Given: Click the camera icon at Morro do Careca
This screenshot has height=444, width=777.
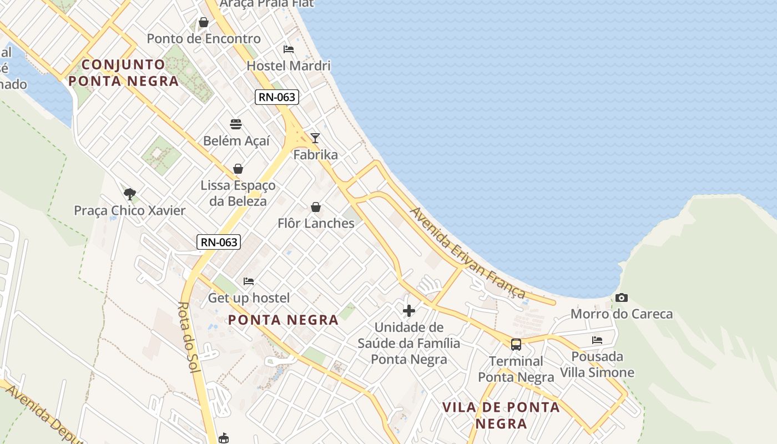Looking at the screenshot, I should click(x=622, y=298).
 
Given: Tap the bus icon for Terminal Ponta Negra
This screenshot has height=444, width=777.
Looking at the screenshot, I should click(x=516, y=345).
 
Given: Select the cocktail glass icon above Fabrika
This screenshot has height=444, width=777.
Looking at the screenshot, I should click(x=315, y=138).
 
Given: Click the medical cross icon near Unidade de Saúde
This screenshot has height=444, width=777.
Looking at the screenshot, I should click(x=409, y=311).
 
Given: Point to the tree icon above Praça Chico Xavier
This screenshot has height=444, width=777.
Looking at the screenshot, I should click(x=130, y=194).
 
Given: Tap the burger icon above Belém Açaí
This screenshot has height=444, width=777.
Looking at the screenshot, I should click(x=236, y=124).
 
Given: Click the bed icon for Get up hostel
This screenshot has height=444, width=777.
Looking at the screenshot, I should click(x=249, y=281).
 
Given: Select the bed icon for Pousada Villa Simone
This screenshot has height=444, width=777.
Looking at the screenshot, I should click(x=597, y=340).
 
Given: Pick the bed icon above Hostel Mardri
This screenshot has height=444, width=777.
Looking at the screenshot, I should click(x=289, y=49).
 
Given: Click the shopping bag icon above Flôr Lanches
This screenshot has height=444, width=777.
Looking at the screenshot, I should click(x=316, y=208).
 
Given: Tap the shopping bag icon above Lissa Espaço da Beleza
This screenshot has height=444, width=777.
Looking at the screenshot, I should click(x=238, y=169).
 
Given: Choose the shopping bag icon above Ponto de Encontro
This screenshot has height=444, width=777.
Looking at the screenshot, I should click(x=204, y=23).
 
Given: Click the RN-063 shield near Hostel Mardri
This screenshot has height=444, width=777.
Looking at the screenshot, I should click(x=277, y=97).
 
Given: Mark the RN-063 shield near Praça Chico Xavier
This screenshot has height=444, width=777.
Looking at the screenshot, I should click(x=219, y=242).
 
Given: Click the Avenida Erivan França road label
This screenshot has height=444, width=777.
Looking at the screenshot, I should click(x=467, y=253).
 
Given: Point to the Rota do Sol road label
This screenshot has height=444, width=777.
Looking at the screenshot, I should click(x=189, y=337).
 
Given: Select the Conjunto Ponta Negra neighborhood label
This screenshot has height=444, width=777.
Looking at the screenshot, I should click(x=124, y=73).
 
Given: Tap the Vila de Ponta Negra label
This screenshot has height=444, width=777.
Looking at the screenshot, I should click(x=501, y=415).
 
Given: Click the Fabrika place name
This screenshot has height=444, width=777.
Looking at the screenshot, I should click(x=315, y=155).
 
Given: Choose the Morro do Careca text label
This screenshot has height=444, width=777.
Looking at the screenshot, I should click(x=622, y=314).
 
